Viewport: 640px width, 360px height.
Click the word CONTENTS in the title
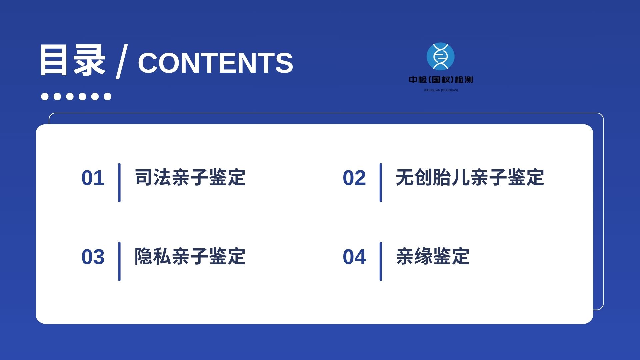215,63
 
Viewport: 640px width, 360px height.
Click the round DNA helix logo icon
440,56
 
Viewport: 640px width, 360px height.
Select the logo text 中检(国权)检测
441,80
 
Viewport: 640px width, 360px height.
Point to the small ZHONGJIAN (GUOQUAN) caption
441,90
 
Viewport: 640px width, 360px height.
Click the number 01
93,178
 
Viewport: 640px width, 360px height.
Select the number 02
354,178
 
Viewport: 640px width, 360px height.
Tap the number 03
93,257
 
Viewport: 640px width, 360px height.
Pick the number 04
354,257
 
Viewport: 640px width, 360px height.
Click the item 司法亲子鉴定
190,177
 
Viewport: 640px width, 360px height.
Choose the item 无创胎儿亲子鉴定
470,177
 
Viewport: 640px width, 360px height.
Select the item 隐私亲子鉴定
190,256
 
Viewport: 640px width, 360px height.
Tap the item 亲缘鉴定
433,256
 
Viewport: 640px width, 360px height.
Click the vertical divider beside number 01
119,183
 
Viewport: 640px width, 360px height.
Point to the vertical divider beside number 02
381,183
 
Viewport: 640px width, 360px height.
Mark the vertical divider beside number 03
119,261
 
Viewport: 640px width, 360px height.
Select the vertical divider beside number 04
381,261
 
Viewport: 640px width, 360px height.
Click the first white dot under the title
45,96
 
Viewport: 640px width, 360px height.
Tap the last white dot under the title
107,96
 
